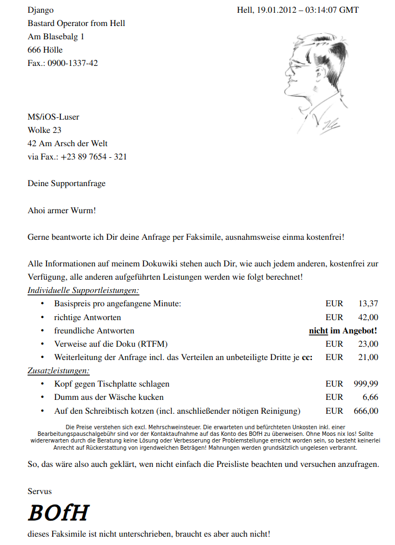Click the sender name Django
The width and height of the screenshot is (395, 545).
[x=40, y=10]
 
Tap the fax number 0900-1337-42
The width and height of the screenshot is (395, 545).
[x=73, y=63]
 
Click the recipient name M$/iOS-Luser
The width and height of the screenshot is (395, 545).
[x=53, y=117]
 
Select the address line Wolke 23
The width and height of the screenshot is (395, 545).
[x=44, y=130]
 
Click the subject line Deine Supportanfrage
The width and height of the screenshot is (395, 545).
[x=66, y=183]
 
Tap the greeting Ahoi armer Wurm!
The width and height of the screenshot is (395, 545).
[x=61, y=210]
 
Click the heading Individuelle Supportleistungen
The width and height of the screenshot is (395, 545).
[x=83, y=290]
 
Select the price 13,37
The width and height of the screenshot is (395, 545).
[x=368, y=304]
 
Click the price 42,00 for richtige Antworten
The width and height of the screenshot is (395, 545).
[x=368, y=317]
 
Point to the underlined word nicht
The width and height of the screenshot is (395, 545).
[x=318, y=331]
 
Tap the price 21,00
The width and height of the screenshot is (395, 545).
[x=368, y=357]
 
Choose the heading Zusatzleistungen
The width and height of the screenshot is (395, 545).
[x=59, y=371]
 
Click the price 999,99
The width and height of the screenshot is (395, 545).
[x=366, y=384]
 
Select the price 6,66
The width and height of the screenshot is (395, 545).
[x=370, y=397]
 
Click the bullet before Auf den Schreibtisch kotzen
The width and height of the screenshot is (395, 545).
[x=43, y=411]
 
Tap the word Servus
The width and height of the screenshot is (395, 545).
[x=40, y=491]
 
